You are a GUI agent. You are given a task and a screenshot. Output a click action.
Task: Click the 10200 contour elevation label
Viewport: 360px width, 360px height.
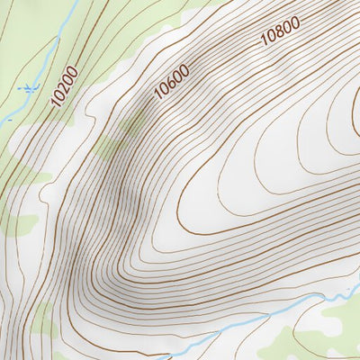point(65,86)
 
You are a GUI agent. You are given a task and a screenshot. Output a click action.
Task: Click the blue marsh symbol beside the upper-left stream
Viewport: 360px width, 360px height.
point(30,87)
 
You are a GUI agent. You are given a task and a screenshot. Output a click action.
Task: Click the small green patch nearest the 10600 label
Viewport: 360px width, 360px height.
point(135,121)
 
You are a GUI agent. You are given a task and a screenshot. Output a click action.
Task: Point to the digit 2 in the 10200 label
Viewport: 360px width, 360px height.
point(64,88)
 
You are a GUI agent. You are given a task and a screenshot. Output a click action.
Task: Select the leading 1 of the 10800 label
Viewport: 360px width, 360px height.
point(264,42)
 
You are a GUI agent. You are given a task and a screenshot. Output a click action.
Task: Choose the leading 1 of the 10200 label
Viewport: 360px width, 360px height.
point(57,104)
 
